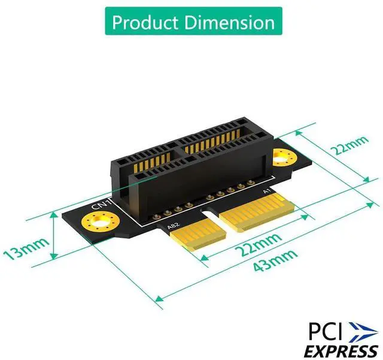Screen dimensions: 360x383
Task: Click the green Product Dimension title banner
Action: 191,22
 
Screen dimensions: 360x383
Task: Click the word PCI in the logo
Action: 326,331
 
